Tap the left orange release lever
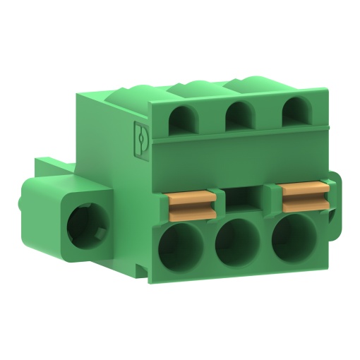(x=191, y=205)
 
